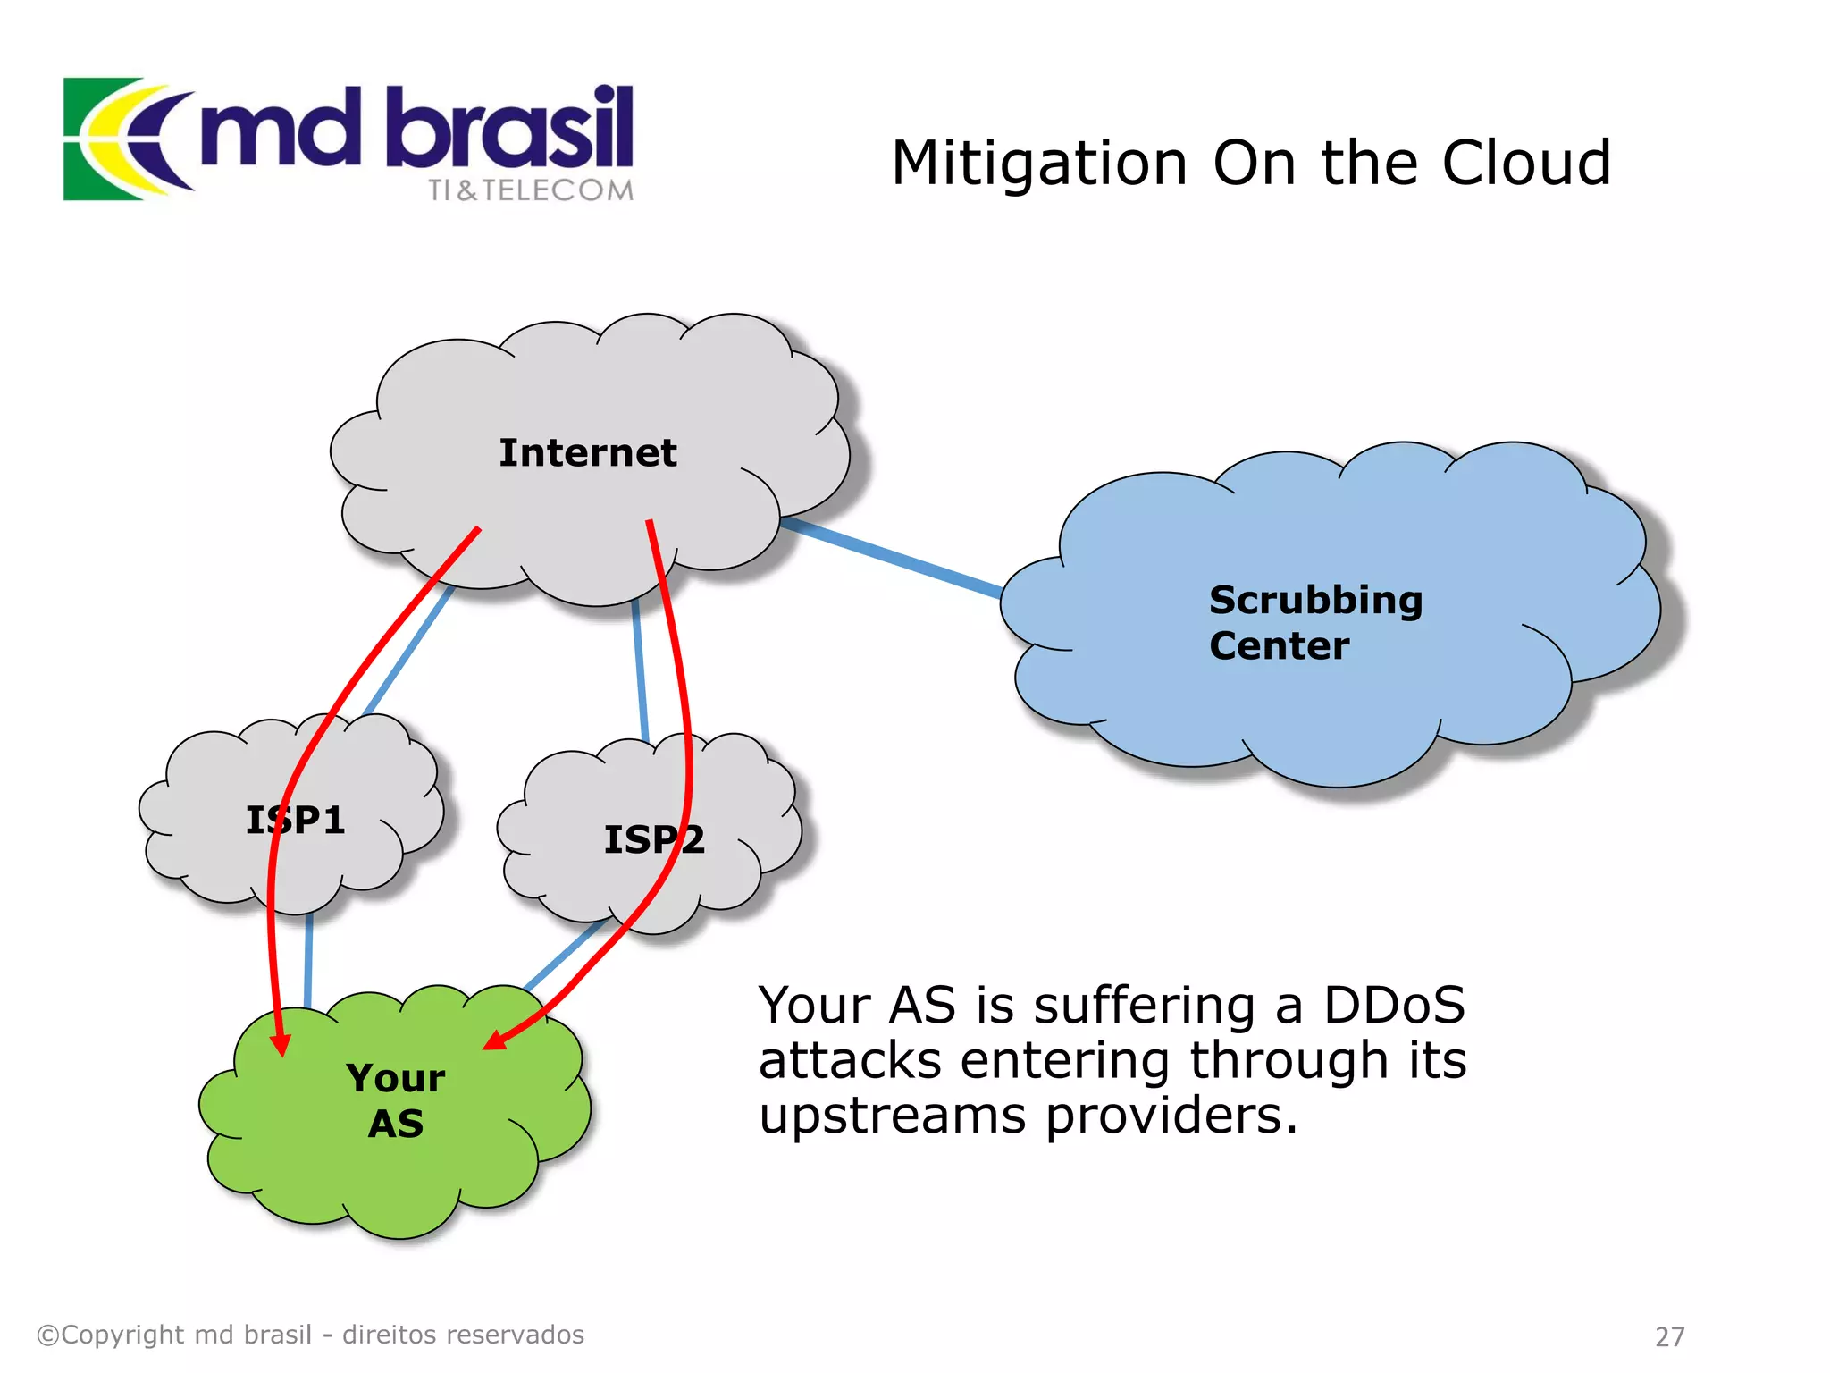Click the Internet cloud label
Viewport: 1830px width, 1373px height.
pyautogui.click(x=587, y=453)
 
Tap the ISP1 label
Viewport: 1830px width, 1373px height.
pyautogui.click(x=296, y=820)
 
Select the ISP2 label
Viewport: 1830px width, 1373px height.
pyautogui.click(x=654, y=839)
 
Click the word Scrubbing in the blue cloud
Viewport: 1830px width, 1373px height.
pyautogui.click(x=1315, y=601)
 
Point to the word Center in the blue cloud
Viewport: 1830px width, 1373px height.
pyautogui.click(x=1279, y=646)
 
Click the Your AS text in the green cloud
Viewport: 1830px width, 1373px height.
pyautogui.click(x=396, y=1100)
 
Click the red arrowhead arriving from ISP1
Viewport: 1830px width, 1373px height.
pyautogui.click(x=281, y=1044)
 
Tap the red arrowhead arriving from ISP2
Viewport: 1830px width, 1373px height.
pyautogui.click(x=494, y=1040)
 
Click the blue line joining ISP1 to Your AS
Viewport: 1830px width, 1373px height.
pyautogui.click(x=308, y=961)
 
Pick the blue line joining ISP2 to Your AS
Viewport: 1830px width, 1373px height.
pyautogui.click(x=563, y=955)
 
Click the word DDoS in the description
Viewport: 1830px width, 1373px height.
pyautogui.click(x=1394, y=1005)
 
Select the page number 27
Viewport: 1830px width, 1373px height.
pyautogui.click(x=1669, y=1336)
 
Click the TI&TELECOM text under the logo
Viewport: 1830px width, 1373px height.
pyautogui.click(x=530, y=190)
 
